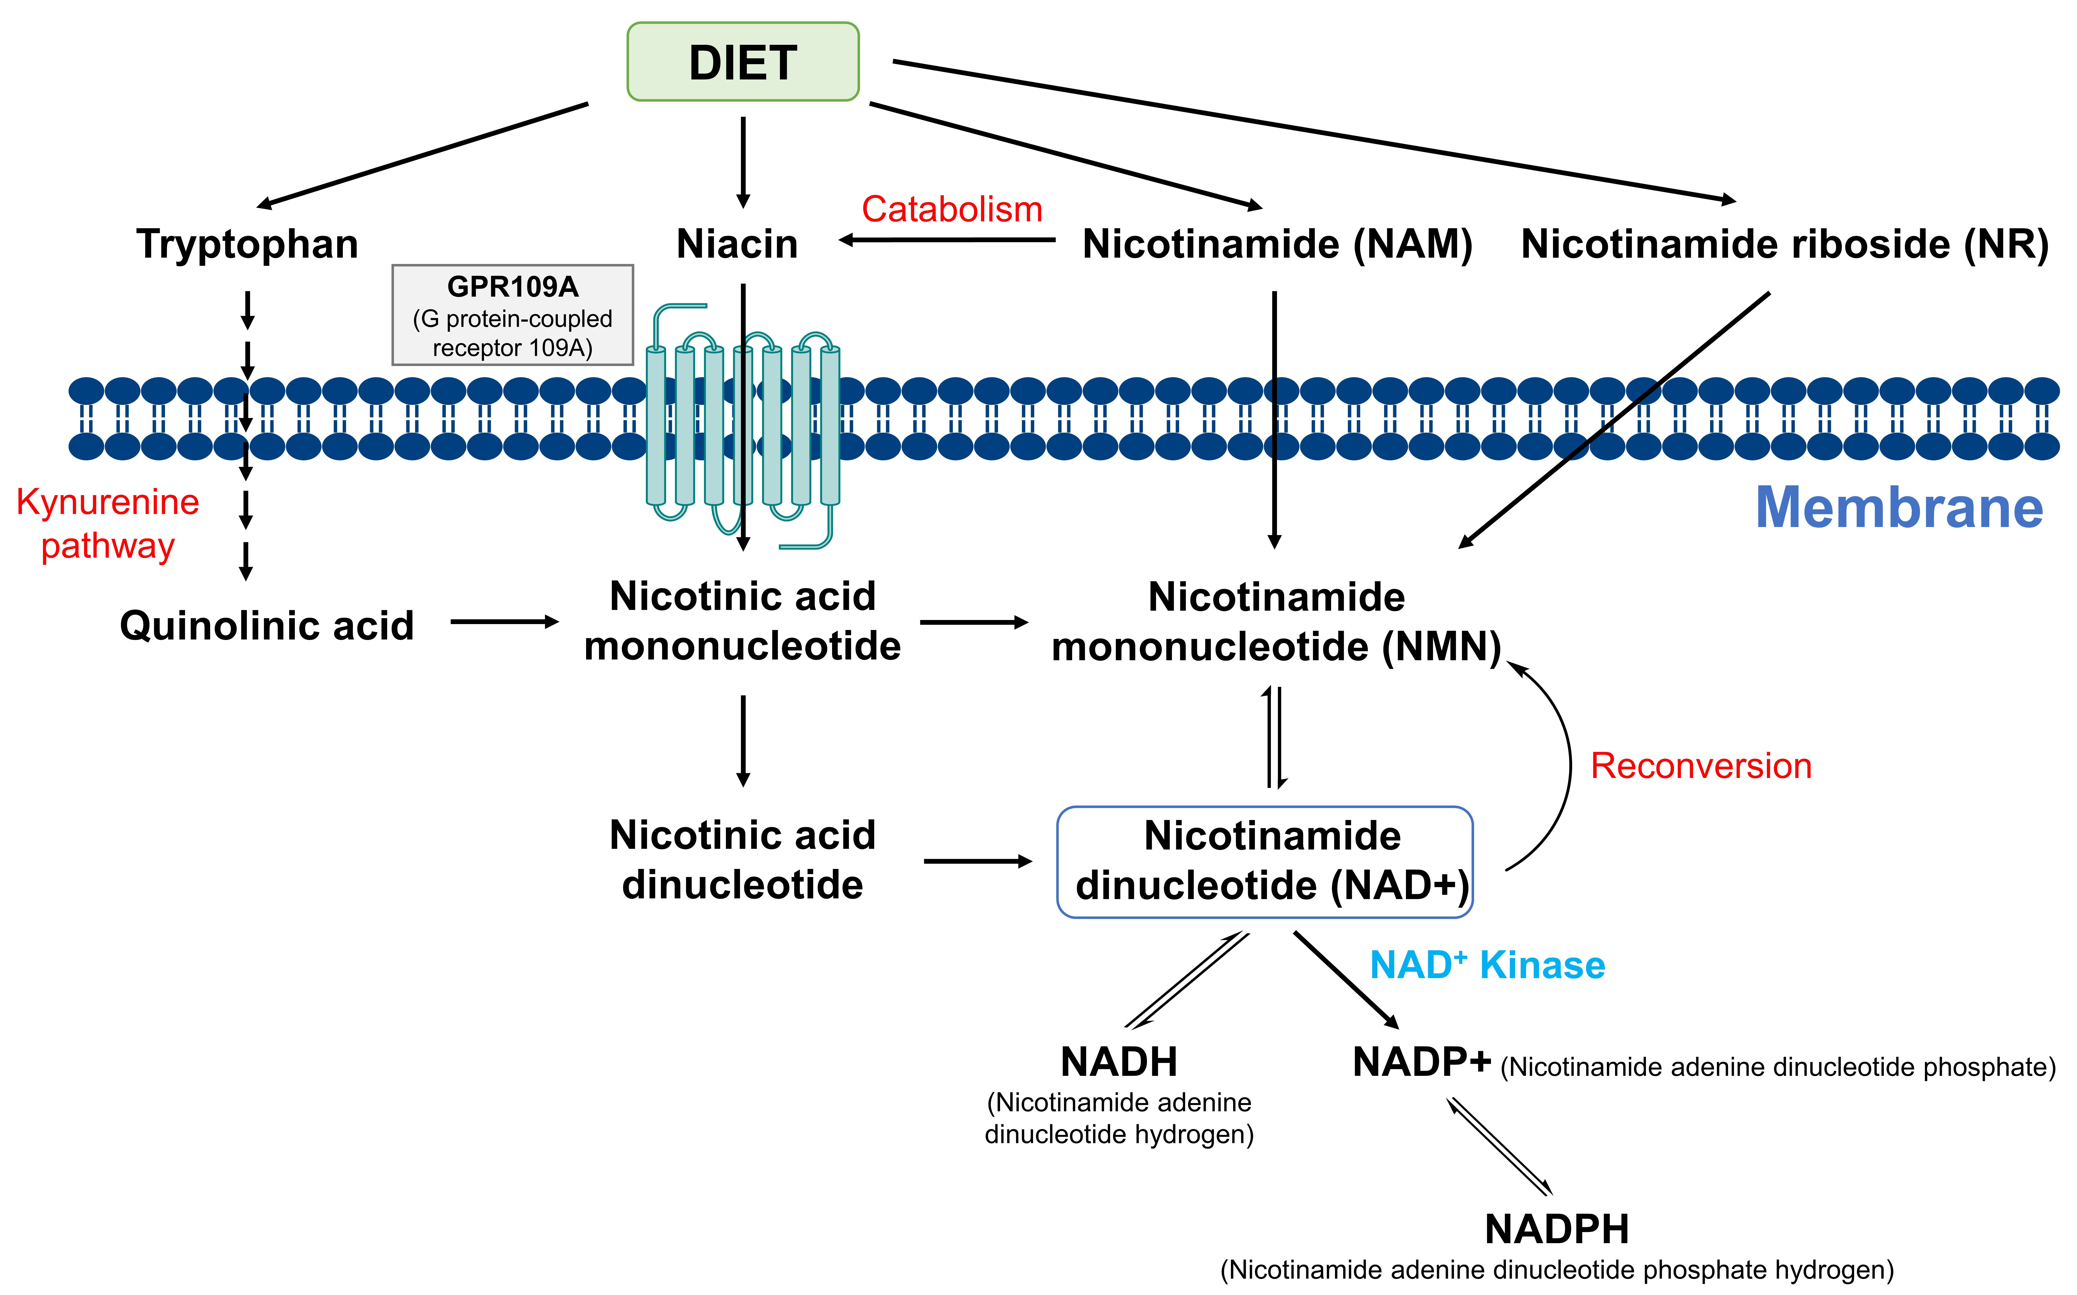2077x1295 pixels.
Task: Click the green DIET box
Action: coord(743,62)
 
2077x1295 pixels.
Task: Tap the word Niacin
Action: coord(737,244)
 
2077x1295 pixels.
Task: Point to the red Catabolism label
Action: coord(952,209)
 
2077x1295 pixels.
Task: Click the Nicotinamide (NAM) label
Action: coord(1277,244)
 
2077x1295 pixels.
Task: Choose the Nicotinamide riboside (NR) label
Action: coord(1784,244)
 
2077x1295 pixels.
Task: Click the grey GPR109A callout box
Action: coord(512,315)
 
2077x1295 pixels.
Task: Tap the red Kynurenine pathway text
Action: coord(108,523)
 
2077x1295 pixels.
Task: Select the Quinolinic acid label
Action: coord(266,625)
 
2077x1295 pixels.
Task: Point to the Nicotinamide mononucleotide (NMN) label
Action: coord(1276,622)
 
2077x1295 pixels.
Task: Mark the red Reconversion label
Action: coord(1700,766)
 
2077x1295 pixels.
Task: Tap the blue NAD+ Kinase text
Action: coord(1487,965)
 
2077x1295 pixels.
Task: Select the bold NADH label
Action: coord(1119,1062)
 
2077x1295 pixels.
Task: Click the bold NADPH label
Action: coord(1556,1229)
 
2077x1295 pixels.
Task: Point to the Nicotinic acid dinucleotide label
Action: coord(743,860)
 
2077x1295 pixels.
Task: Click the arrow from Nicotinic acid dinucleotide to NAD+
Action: coord(977,861)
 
